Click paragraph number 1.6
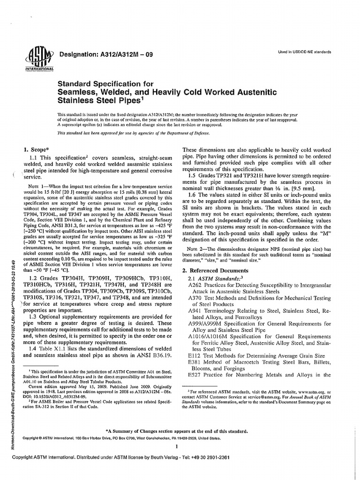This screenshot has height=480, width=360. pyautogui.click(x=192, y=194)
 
